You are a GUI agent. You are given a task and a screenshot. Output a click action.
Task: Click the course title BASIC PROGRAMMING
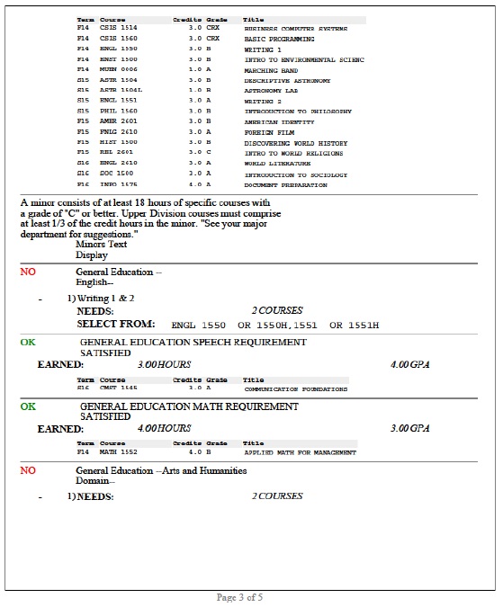click(279, 40)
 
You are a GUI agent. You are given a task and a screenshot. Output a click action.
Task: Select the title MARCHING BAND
click(274, 70)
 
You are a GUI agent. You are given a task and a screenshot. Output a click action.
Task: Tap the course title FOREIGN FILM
click(269, 132)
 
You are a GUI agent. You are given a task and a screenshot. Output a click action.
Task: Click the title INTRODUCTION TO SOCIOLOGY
click(295, 174)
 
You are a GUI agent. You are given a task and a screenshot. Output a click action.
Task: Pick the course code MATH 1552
click(117, 452)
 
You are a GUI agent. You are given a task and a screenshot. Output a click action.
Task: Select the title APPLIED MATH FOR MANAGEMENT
click(299, 452)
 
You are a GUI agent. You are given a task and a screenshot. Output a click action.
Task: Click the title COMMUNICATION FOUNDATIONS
click(295, 389)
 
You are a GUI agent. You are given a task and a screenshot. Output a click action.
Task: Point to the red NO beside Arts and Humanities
click(28, 470)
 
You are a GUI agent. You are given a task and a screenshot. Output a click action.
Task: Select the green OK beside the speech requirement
click(28, 343)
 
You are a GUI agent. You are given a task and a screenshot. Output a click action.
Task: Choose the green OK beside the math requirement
click(28, 406)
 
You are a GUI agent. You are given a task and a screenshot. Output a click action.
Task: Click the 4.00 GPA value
click(405, 365)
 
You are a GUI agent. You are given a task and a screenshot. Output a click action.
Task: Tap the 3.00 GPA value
click(405, 429)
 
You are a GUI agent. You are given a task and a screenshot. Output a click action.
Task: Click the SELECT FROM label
click(116, 324)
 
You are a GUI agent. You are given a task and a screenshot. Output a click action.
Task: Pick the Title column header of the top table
click(253, 19)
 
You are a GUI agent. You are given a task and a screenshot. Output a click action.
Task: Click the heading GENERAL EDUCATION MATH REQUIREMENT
click(189, 406)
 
